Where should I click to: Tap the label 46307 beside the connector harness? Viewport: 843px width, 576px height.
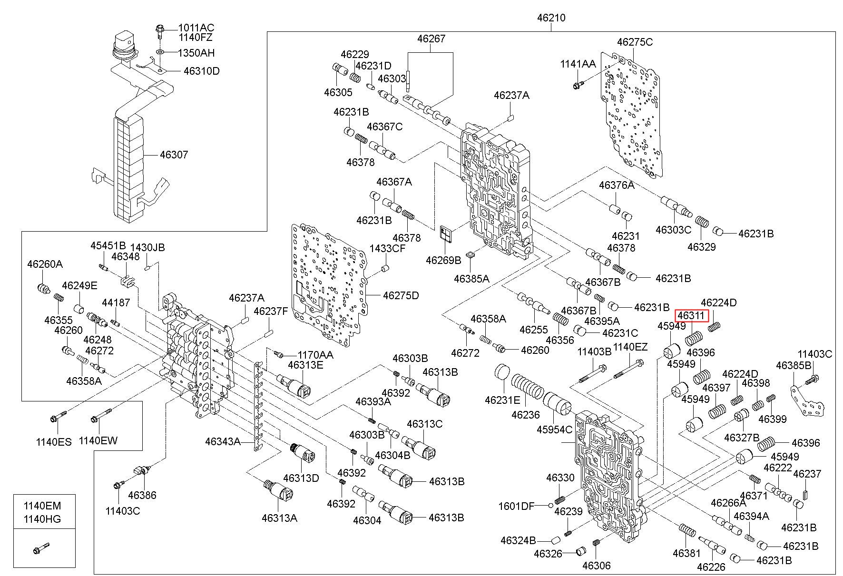[x=174, y=155]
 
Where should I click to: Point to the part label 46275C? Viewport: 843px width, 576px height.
[x=635, y=42]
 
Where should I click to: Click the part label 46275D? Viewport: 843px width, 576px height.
[x=401, y=295]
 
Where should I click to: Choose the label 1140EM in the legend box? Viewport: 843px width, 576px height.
[x=43, y=506]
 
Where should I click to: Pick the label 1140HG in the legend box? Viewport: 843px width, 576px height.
[x=43, y=519]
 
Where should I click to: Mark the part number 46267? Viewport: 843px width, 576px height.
[x=431, y=39]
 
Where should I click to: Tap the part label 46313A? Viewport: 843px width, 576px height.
[x=279, y=518]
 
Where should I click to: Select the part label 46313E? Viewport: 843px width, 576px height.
[x=305, y=365]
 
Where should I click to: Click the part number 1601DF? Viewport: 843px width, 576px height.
[x=516, y=506]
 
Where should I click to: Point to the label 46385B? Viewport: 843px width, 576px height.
[x=793, y=365]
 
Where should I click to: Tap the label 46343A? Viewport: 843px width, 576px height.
[x=223, y=441]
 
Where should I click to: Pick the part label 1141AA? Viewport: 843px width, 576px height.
[x=578, y=64]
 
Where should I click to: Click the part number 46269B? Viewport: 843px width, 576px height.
[x=443, y=260]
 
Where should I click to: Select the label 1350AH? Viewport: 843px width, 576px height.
[x=196, y=53]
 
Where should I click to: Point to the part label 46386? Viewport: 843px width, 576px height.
[x=142, y=495]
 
